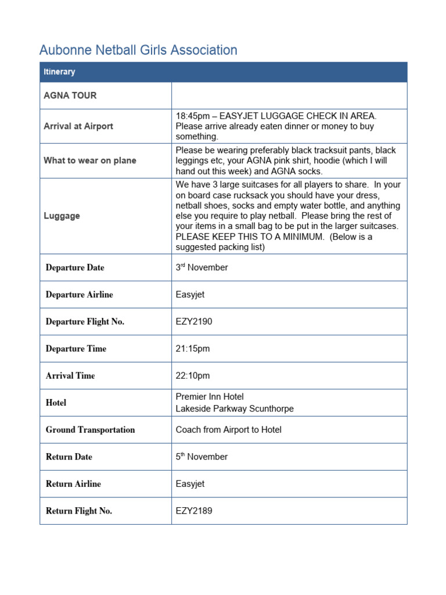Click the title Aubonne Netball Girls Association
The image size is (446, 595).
pos(138,50)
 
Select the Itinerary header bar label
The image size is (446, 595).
pos(59,72)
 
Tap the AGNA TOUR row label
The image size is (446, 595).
pos(70,95)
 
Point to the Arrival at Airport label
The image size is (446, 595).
pos(78,126)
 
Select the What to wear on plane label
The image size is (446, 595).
pos(90,160)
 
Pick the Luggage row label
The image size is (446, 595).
pos(62,216)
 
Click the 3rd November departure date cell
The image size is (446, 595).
pos(202,267)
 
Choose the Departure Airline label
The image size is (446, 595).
pos(79,295)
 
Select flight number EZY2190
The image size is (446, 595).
pos(194,321)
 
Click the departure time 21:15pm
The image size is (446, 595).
pos(193,349)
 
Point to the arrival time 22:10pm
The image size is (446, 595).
pos(193,375)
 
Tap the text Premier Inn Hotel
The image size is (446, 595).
pos(210,397)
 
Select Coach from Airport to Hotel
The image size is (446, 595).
pos(228,429)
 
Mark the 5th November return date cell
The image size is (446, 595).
pos(202,457)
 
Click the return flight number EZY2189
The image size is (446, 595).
pos(194,511)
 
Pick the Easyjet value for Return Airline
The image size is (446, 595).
pos(190,483)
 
